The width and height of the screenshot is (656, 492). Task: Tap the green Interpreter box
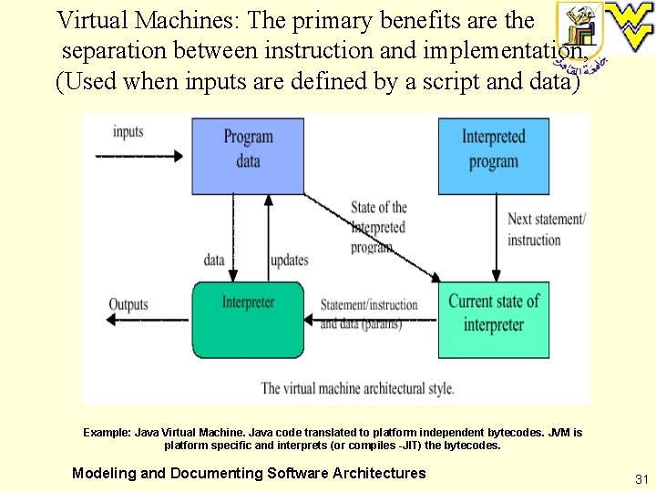248,319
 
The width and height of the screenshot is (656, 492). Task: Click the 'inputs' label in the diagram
128,132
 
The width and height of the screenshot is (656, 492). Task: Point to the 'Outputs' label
128,304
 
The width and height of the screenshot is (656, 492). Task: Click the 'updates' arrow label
289,261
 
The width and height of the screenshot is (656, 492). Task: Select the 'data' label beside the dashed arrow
214,261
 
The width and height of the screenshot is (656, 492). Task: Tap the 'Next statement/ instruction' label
546,230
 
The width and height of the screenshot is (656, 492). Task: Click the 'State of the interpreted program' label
378,227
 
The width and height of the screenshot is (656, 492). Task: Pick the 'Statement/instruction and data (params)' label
368,313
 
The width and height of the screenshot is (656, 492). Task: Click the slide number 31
641,479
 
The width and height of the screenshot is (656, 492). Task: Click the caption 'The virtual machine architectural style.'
357,388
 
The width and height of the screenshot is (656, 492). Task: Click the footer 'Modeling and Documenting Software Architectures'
249,473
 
